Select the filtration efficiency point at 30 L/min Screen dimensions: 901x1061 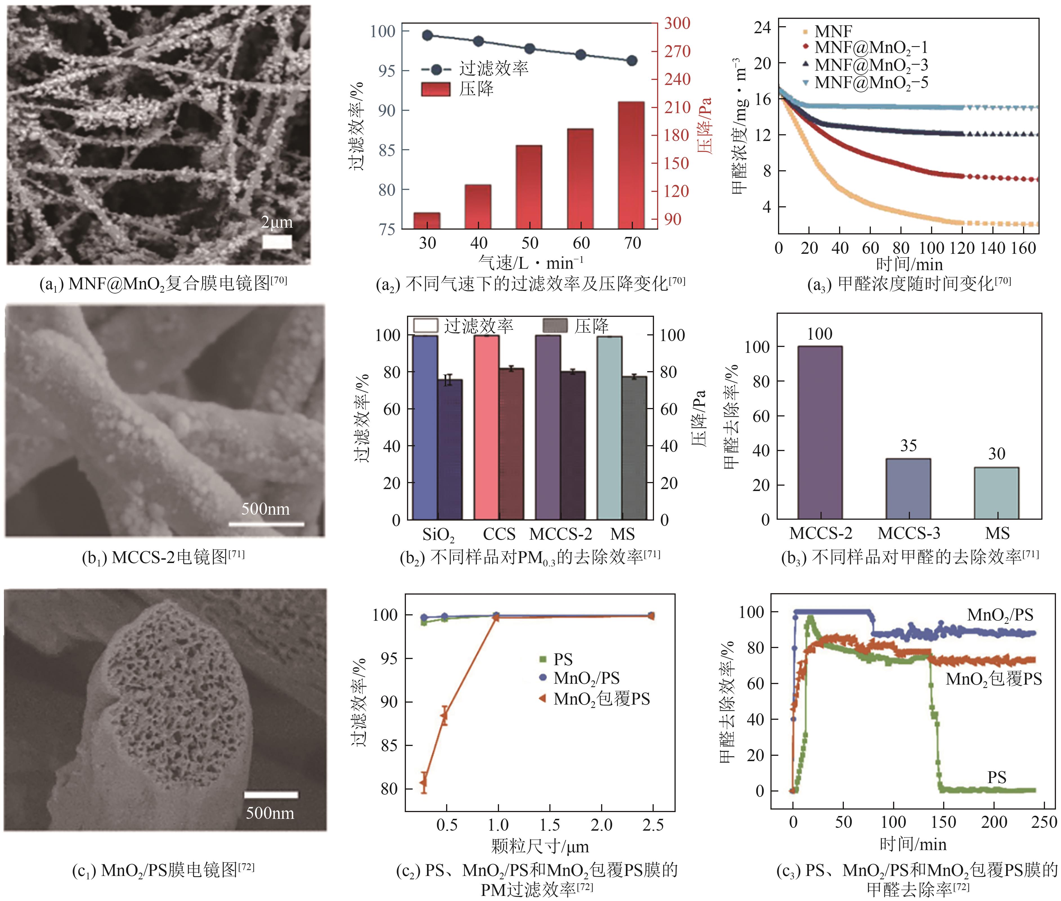(x=427, y=35)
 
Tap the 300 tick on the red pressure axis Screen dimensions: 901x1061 (x=677, y=23)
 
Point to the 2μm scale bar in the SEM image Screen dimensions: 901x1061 (x=277, y=242)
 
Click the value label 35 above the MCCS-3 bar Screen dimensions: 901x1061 (x=908, y=446)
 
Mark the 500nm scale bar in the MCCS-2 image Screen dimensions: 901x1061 (x=266, y=524)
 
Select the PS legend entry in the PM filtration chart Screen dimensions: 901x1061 (x=563, y=659)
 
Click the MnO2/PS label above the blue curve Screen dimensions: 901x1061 (x=1000, y=615)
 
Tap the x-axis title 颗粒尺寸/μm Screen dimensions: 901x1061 (x=540, y=846)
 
